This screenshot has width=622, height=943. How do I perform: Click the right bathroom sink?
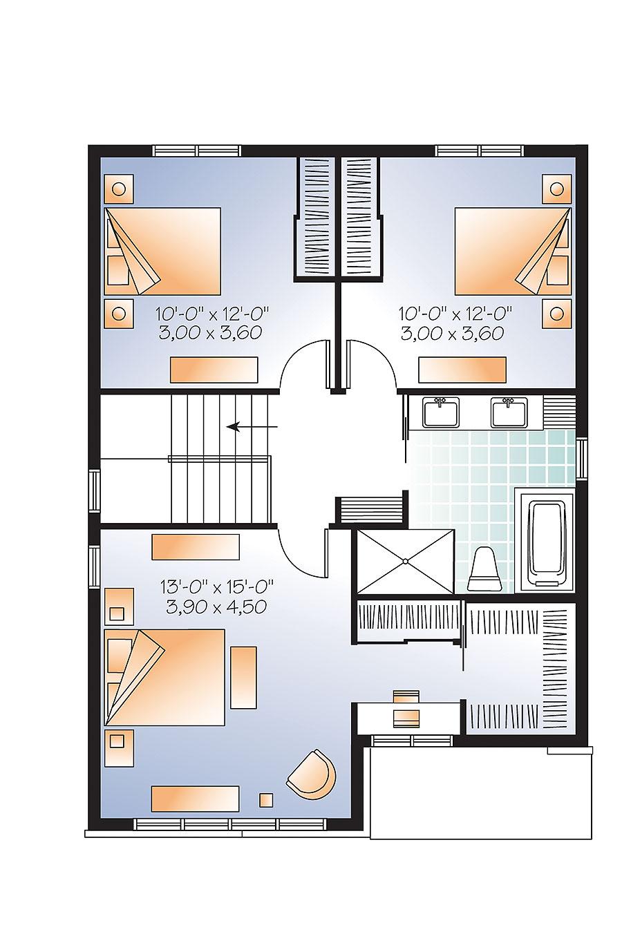509,412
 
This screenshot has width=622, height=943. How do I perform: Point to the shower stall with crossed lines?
404,561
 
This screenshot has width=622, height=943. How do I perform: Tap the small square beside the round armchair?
266,800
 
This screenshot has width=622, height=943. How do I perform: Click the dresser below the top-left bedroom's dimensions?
214,369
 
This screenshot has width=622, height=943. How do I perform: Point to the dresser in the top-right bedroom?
462,369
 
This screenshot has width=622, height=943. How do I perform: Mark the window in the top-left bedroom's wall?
196,150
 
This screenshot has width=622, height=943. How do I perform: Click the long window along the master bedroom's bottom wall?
231,824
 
